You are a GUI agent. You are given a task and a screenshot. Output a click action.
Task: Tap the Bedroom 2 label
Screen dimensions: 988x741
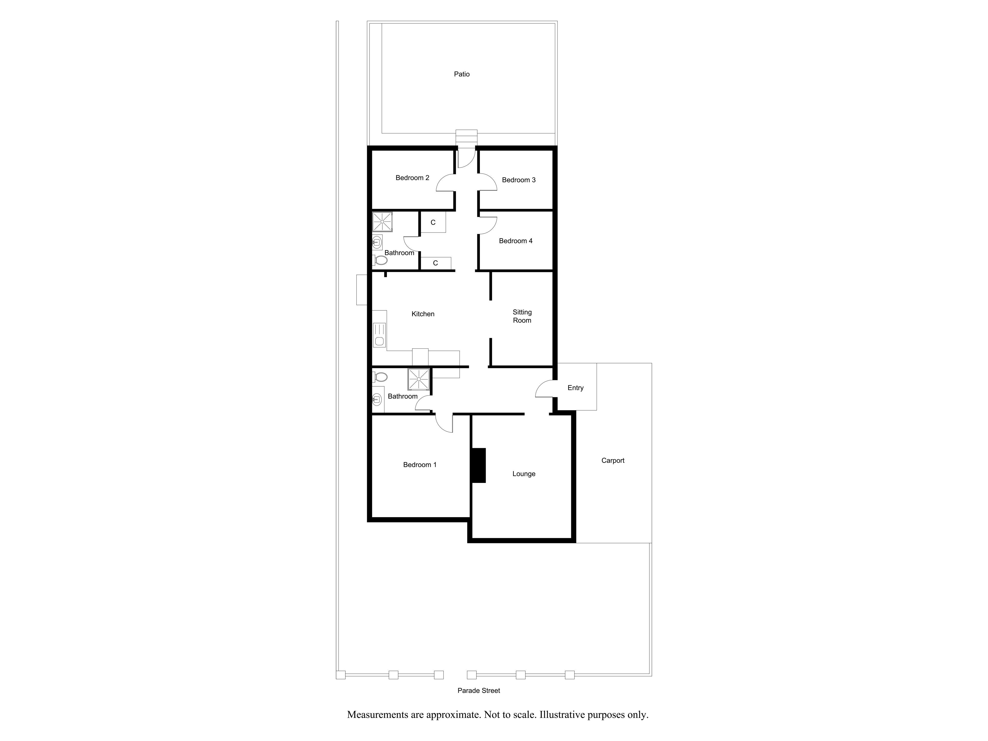tap(412, 178)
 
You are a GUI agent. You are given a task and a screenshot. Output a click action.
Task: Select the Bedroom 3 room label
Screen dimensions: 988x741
tap(518, 180)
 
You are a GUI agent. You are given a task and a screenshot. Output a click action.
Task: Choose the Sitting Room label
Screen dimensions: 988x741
tap(522, 316)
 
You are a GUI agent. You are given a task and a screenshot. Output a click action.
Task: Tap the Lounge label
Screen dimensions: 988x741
tap(524, 474)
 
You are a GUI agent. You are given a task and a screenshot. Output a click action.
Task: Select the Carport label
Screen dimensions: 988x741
tap(613, 461)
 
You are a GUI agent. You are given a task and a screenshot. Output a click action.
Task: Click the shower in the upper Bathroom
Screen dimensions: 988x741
tap(382, 222)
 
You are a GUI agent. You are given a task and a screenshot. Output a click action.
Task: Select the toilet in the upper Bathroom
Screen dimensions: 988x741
tap(380, 260)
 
